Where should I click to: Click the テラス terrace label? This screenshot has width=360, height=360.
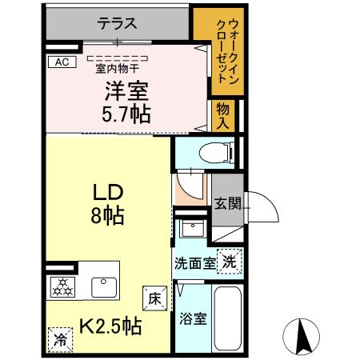pyautogui.click(x=118, y=24)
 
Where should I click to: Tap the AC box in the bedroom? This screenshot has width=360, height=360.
pyautogui.click(x=61, y=62)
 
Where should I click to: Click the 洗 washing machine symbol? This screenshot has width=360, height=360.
pyautogui.click(x=230, y=261)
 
